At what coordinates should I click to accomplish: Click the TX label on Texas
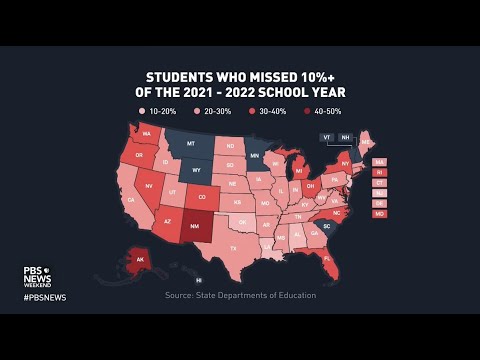pos(233,247)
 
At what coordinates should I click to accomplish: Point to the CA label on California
pos(130,200)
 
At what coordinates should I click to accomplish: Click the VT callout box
pos(327,136)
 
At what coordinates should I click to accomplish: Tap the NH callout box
pos(346,136)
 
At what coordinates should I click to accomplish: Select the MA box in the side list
pos(379,162)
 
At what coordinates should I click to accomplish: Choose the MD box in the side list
pos(379,214)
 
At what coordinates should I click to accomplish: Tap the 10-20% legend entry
pos(158,110)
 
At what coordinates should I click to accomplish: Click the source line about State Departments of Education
pos(240,295)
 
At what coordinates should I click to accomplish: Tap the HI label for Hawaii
pos(198,281)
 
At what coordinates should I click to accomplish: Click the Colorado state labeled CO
pos(201,197)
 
